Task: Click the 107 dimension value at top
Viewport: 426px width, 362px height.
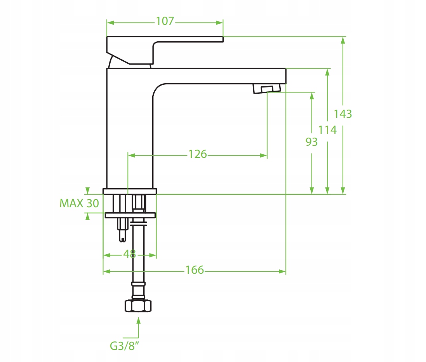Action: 165,21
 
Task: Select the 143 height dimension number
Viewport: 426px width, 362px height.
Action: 343,114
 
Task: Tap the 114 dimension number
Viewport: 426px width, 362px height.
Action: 327,130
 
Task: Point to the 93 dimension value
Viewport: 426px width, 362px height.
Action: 311,142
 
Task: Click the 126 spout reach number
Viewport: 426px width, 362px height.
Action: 198,154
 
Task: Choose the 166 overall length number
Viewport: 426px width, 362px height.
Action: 195,270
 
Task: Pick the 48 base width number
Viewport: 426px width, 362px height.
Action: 129,254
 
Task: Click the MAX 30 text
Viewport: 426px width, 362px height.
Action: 79,203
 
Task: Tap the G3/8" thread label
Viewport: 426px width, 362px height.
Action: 124,346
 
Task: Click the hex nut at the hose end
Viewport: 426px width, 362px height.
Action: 138,306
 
